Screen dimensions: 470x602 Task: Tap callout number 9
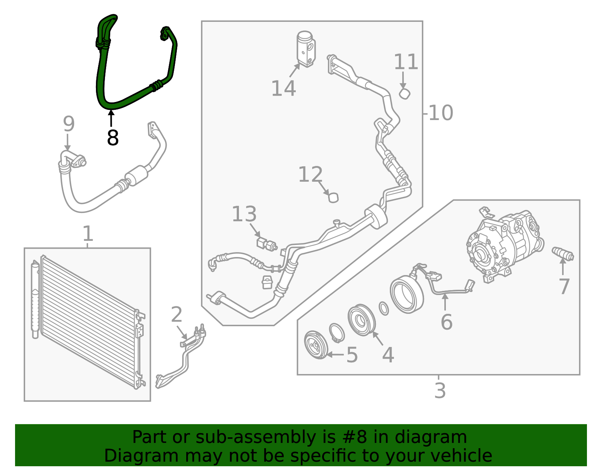(68, 124)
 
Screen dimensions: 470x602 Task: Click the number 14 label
(283, 89)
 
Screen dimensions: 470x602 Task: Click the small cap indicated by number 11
(404, 93)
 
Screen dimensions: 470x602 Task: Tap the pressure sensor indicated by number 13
(266, 243)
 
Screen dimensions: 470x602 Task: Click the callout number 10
(441, 113)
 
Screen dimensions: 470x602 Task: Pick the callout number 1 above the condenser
(87, 234)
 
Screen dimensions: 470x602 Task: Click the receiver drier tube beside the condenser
(35, 299)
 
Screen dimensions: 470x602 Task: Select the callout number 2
(176, 315)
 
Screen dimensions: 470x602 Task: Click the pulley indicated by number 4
(361, 320)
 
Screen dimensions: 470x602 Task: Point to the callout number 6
(446, 322)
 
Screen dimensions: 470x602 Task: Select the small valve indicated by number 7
(562, 254)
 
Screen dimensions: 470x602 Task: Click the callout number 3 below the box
(440, 391)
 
